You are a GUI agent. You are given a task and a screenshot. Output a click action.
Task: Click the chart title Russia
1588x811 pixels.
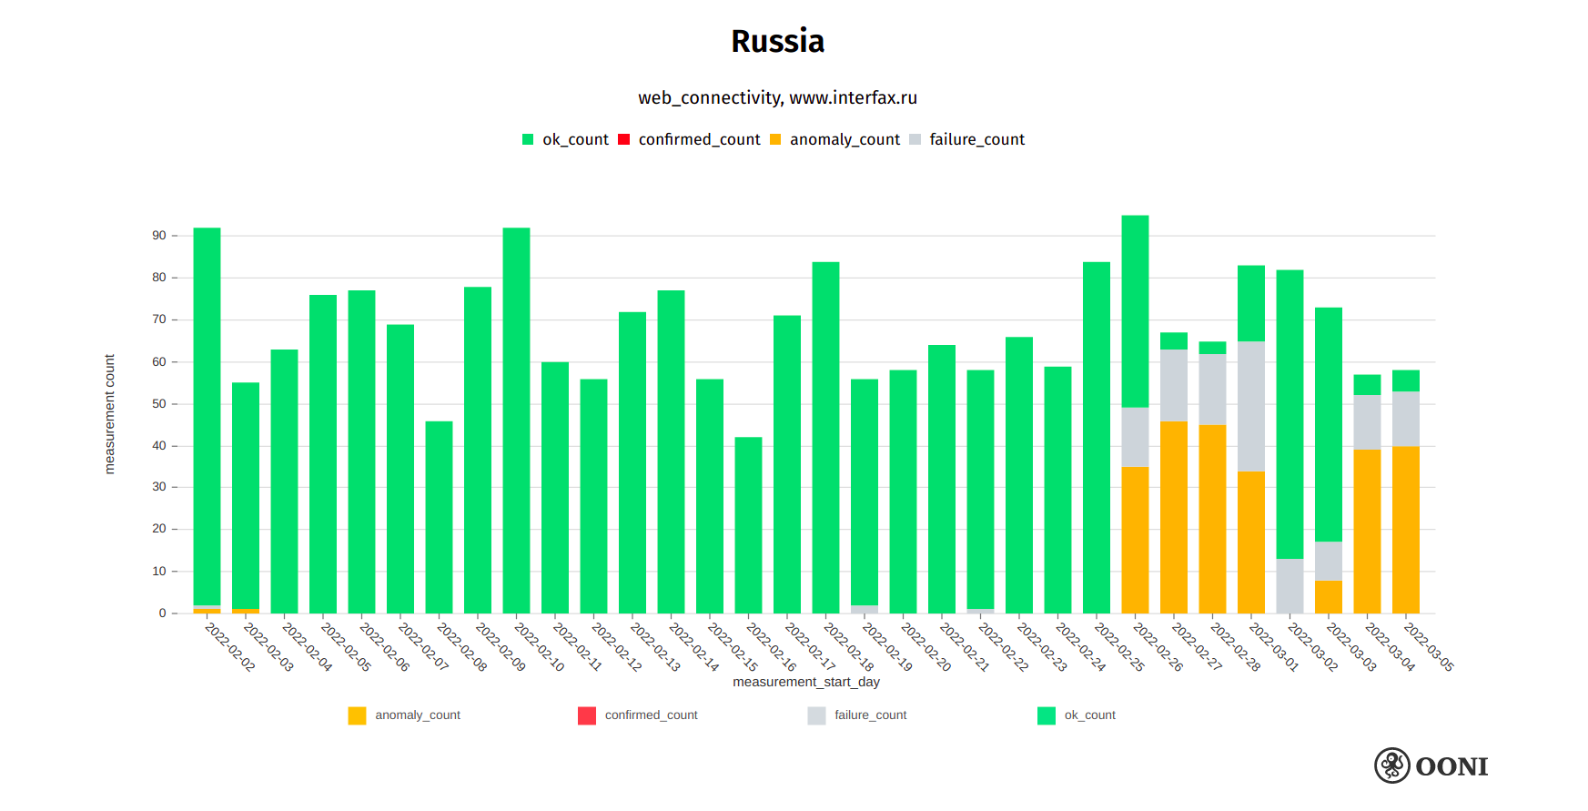(x=777, y=42)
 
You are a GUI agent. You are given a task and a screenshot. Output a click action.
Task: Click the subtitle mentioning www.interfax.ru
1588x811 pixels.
(x=777, y=98)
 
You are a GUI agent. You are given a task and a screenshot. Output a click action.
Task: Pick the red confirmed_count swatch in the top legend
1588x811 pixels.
(x=624, y=139)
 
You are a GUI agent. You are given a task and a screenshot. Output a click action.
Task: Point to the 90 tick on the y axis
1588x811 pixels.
(x=159, y=236)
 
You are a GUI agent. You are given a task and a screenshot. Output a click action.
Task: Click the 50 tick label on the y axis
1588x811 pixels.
(x=159, y=404)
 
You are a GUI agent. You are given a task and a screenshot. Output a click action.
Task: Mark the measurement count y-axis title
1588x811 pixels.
(x=110, y=414)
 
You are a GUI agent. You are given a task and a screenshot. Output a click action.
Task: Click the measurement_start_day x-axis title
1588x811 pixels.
(x=805, y=682)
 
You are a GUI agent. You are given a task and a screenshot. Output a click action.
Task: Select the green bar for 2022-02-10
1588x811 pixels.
(x=516, y=419)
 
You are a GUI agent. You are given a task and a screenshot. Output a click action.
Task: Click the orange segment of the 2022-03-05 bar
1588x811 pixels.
(x=1405, y=529)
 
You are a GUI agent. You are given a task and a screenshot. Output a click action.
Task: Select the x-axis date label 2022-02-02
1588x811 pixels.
(x=230, y=647)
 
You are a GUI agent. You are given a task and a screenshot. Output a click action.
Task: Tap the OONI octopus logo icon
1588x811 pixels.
(x=1391, y=766)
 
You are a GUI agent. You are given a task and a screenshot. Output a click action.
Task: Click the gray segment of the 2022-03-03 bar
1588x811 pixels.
(x=1328, y=561)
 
